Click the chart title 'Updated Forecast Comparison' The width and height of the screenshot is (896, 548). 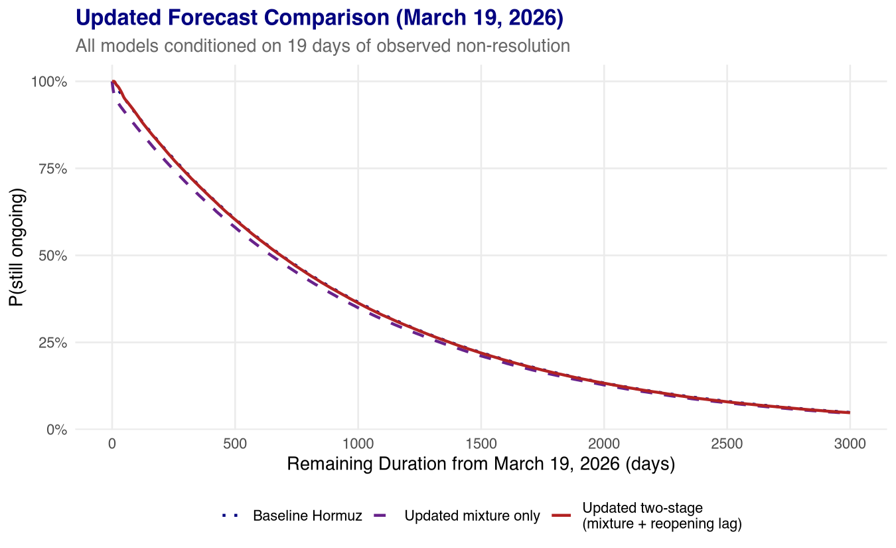click(319, 18)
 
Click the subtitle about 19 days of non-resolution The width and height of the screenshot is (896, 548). click(323, 46)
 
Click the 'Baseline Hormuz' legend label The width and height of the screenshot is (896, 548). click(307, 516)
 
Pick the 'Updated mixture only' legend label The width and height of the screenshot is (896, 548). click(472, 516)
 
